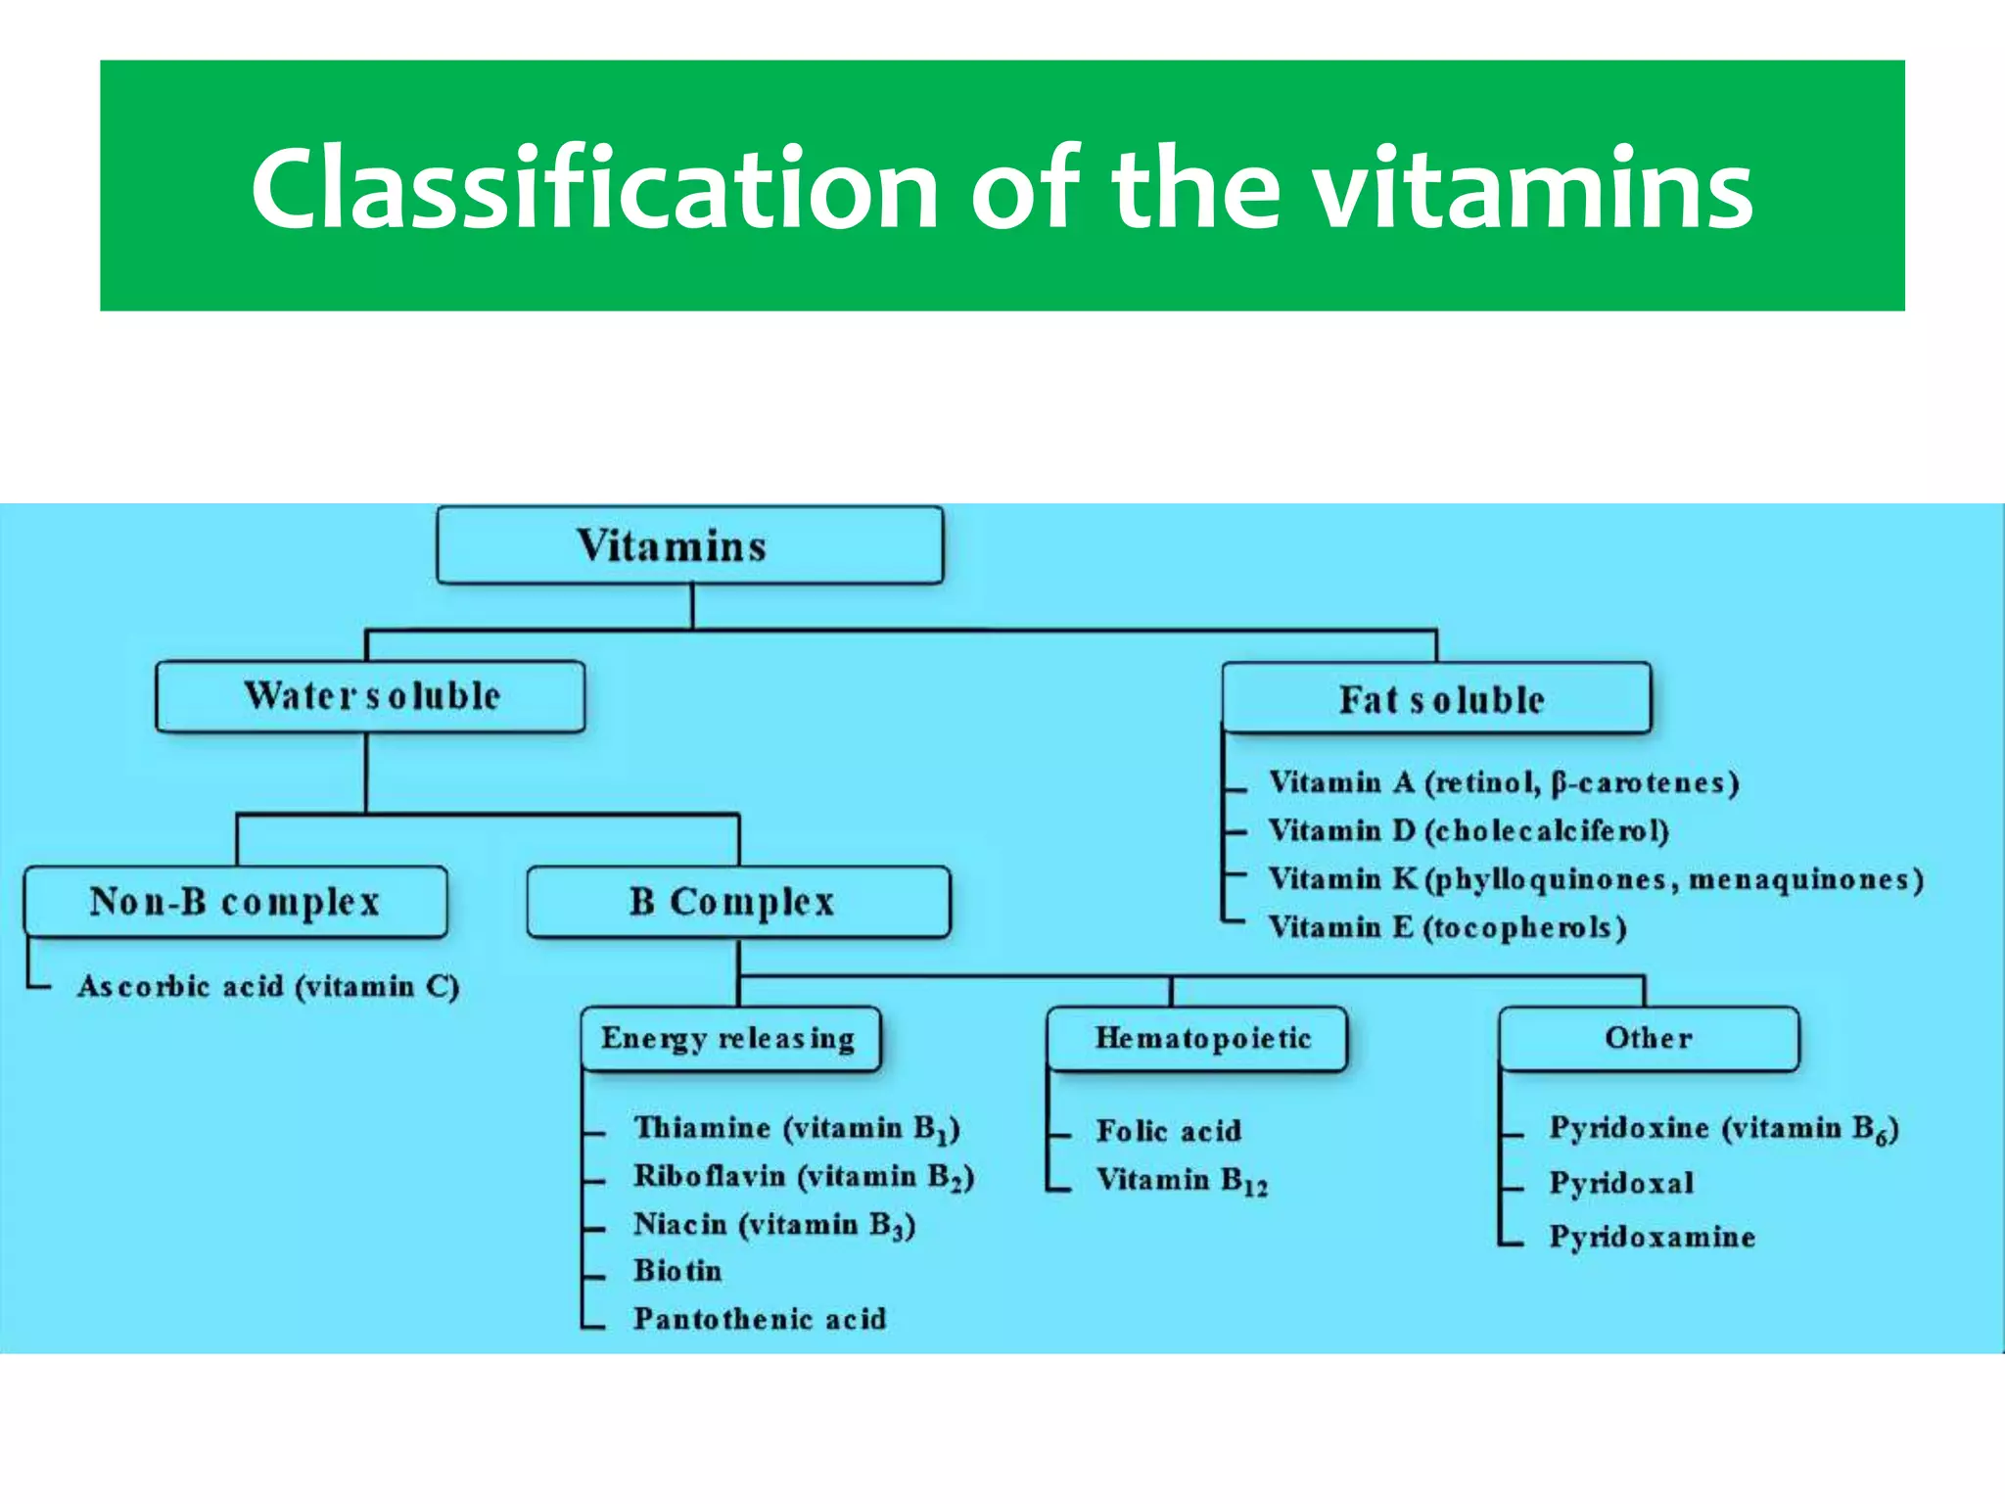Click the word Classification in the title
pos(594,188)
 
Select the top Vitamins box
pos(689,545)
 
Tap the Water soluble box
pos(370,696)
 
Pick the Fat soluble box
pos(1436,699)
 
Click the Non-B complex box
pos(235,902)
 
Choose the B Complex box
pos(737,902)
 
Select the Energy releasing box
pos(729,1038)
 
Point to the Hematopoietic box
pos(1196,1038)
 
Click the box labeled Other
pos(1649,1038)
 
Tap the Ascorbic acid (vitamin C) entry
pos(267,986)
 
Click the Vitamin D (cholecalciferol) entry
pos(1468,831)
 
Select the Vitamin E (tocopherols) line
pos(1446,927)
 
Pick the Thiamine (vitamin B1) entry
pos(795,1129)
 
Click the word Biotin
pos(677,1271)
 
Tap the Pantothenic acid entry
pos(759,1319)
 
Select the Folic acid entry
pos(1168,1132)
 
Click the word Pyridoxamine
pos(1652,1237)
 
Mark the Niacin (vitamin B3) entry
pos(773,1225)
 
